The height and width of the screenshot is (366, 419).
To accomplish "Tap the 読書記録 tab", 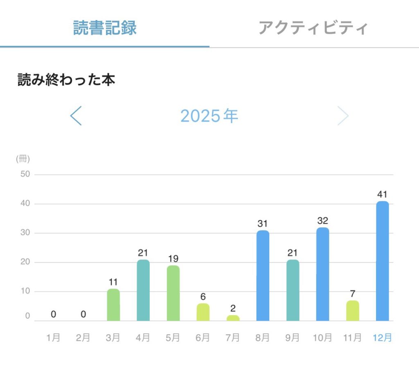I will (x=105, y=28).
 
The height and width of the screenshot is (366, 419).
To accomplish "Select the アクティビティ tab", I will (x=313, y=28).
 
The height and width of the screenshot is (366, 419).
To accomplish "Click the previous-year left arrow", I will (x=76, y=116).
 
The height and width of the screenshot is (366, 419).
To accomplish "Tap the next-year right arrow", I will (x=343, y=116).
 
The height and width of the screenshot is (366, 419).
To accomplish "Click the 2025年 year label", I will (x=209, y=116).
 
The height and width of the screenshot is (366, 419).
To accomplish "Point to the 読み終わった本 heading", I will (x=66, y=80).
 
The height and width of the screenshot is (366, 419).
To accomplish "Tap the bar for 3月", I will (x=113, y=305).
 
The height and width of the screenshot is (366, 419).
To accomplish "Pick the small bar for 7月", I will (x=233, y=318).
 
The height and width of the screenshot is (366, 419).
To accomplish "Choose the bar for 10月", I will (x=322, y=274).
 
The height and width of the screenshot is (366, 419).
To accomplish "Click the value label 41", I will (x=382, y=194).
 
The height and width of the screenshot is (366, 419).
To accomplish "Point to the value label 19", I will (x=173, y=259).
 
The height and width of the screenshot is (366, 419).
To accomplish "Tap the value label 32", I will (x=322, y=221).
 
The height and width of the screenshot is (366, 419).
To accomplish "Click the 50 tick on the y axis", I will (x=25, y=174).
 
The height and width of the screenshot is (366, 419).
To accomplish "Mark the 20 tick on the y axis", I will (x=25, y=262).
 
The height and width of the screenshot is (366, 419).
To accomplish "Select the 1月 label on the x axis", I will (x=54, y=338).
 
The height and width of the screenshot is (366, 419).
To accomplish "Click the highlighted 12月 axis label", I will (x=382, y=338).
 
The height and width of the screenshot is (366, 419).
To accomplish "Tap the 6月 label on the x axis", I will (x=203, y=338).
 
